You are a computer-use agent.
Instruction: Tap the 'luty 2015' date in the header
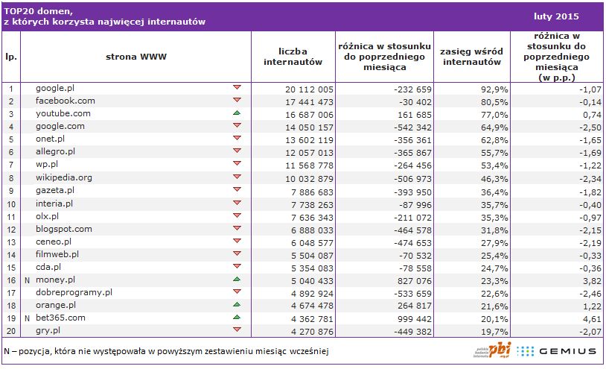pos(557,16)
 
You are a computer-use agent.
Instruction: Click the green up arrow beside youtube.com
pos(237,113)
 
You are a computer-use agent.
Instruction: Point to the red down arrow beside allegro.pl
pos(237,151)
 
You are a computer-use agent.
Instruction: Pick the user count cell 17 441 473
pos(310,101)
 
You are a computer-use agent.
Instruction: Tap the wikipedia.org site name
pos(64,177)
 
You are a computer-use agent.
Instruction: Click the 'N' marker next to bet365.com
pos(27,318)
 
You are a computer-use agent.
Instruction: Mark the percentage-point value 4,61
pos(569,318)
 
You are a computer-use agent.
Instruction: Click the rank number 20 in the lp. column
pos(11,330)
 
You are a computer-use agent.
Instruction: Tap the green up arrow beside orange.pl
pos(237,304)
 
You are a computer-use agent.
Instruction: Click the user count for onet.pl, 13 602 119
pos(310,139)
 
